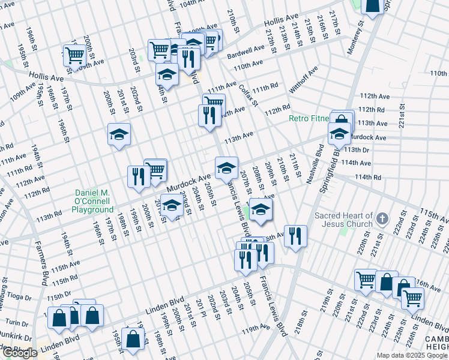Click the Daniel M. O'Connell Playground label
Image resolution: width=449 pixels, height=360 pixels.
coord(93,201)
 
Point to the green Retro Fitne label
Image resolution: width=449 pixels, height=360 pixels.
coord(309,118)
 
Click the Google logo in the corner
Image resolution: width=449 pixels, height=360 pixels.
coord(20,353)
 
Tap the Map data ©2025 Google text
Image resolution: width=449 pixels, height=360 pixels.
coord(412,355)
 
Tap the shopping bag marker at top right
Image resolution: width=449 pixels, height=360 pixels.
coord(372,5)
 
